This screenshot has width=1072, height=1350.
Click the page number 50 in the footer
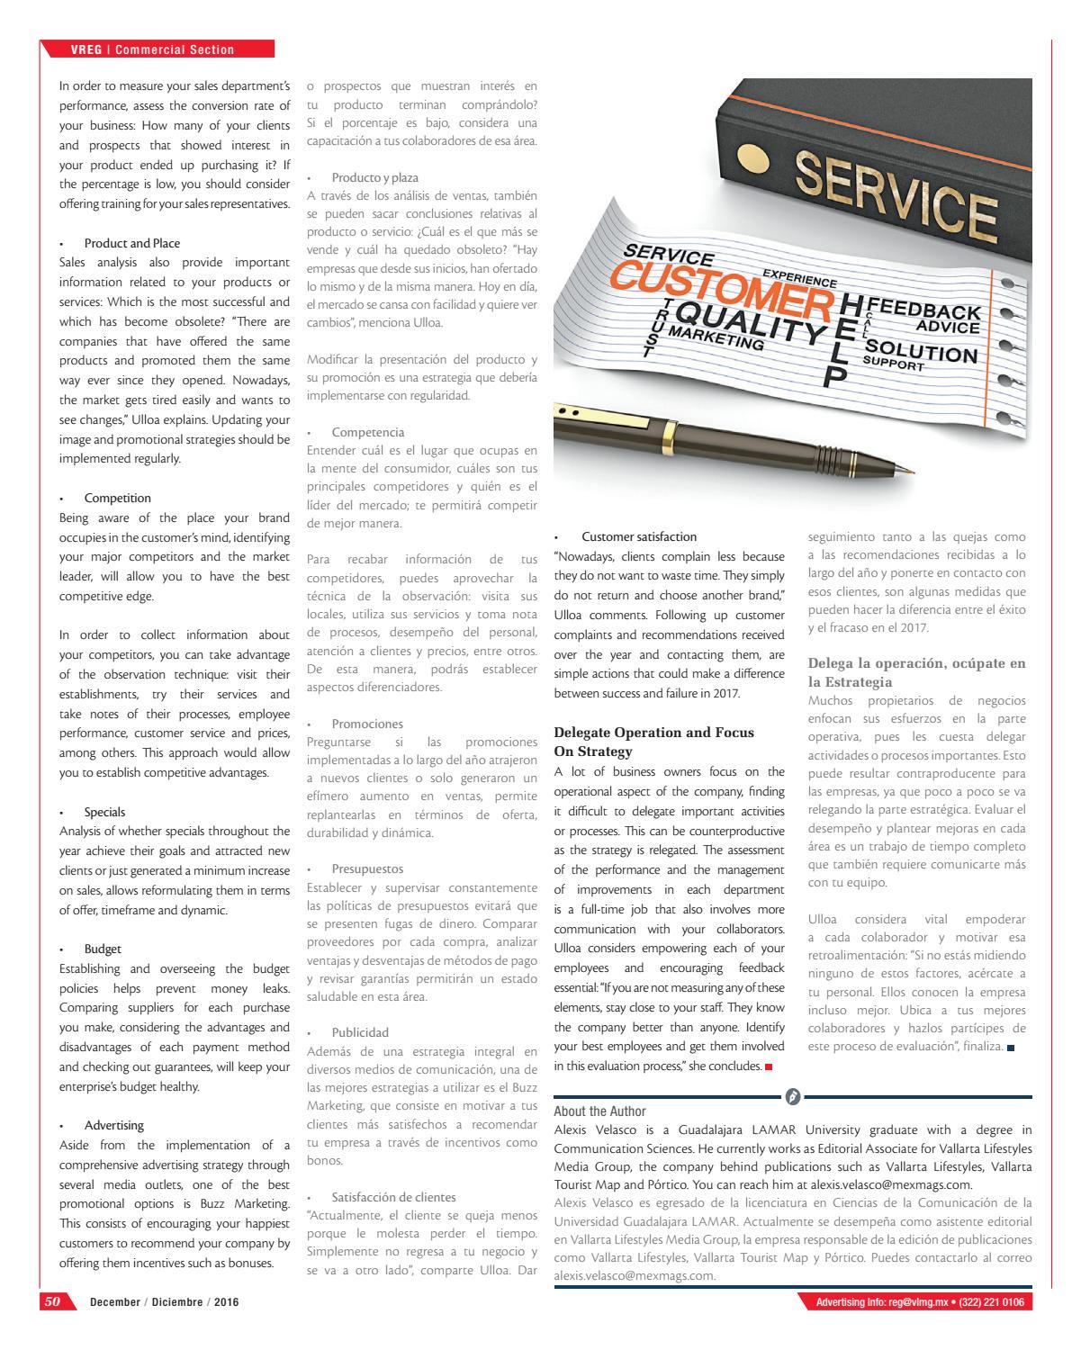point(51,1302)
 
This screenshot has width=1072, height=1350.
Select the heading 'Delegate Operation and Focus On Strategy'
point(653,742)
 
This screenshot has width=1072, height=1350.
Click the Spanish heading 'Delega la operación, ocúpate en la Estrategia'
point(916,672)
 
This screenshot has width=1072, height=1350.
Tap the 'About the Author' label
point(599,1111)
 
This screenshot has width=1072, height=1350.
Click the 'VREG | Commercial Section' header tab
point(153,49)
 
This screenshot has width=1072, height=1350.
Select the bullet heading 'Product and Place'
point(131,243)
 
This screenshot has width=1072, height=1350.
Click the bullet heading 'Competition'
point(117,498)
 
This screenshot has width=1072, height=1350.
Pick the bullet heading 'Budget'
point(103,949)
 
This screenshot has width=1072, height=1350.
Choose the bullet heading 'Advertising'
point(113,1125)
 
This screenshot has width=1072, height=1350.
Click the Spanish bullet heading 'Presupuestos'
point(367,868)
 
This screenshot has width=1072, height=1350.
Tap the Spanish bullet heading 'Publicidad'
point(360,1032)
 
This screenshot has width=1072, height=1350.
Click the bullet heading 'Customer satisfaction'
point(639,536)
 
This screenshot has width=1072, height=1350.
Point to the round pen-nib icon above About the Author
point(793,1096)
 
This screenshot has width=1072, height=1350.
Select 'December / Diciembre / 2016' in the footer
point(164,1302)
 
